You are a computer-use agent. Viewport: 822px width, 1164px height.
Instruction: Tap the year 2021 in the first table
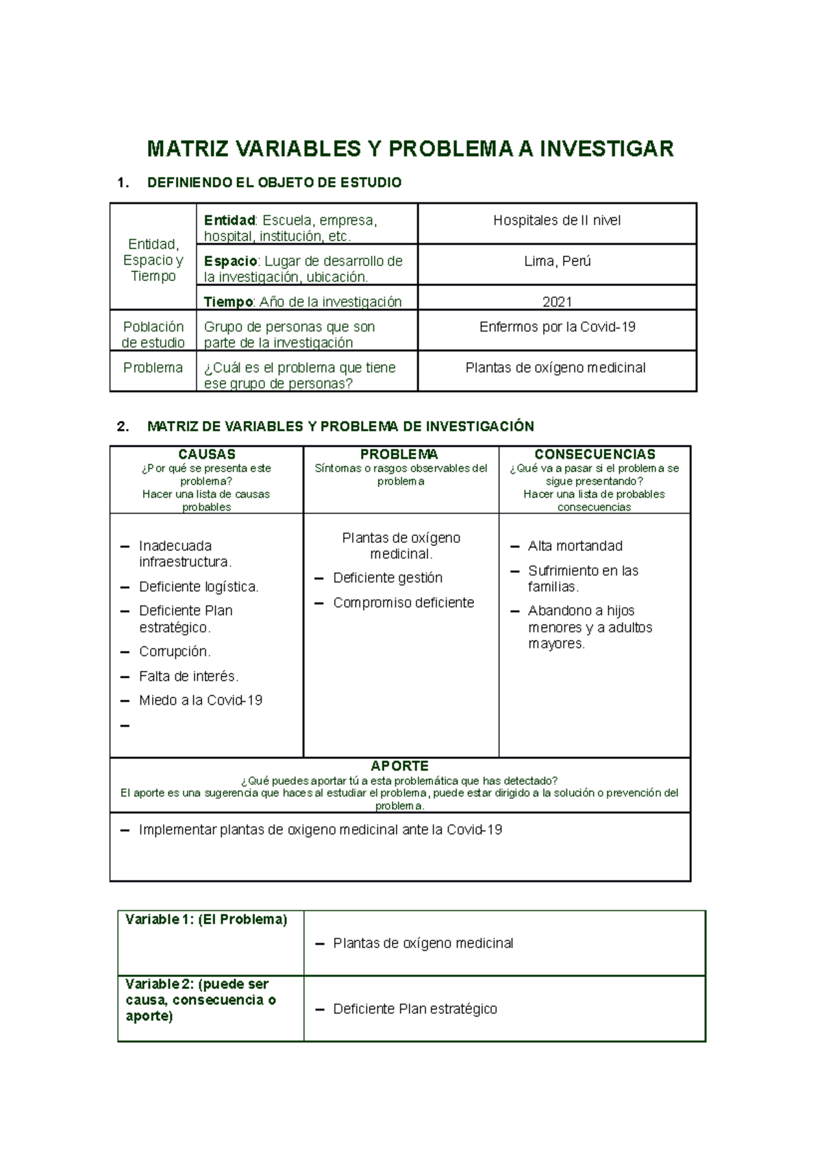[557, 302]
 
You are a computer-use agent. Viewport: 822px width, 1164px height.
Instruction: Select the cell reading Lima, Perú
[557, 261]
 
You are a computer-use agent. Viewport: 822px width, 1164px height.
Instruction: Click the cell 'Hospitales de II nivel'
[557, 220]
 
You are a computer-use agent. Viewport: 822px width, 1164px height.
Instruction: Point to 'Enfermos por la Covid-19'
[557, 327]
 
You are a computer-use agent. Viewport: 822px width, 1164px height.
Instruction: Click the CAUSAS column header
[206, 454]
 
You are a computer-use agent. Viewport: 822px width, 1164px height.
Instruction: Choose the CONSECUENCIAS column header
[595, 454]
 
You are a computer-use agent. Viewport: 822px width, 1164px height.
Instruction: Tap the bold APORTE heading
[399, 766]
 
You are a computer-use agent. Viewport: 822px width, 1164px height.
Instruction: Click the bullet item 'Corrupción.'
[175, 651]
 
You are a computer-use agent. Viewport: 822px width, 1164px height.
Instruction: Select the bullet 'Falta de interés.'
[188, 676]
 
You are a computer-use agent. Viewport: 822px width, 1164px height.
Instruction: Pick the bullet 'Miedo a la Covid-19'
[201, 700]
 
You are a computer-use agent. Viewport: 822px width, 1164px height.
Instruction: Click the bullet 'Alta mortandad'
[575, 546]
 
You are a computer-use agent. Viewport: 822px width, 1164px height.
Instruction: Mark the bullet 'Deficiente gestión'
[388, 578]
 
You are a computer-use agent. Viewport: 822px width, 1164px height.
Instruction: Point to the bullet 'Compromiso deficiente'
[403, 603]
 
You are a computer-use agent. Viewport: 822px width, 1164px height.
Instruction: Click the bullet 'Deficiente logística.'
[199, 587]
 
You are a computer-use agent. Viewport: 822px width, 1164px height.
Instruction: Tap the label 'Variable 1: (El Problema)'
[206, 919]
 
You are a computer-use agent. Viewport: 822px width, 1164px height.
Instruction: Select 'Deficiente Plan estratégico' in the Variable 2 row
[415, 1009]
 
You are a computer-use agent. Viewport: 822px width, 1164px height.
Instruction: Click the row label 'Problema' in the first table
[153, 367]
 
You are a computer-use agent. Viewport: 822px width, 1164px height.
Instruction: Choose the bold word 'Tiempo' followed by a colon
[228, 302]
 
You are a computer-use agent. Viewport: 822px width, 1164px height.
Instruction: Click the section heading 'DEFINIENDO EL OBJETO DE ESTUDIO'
[274, 182]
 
